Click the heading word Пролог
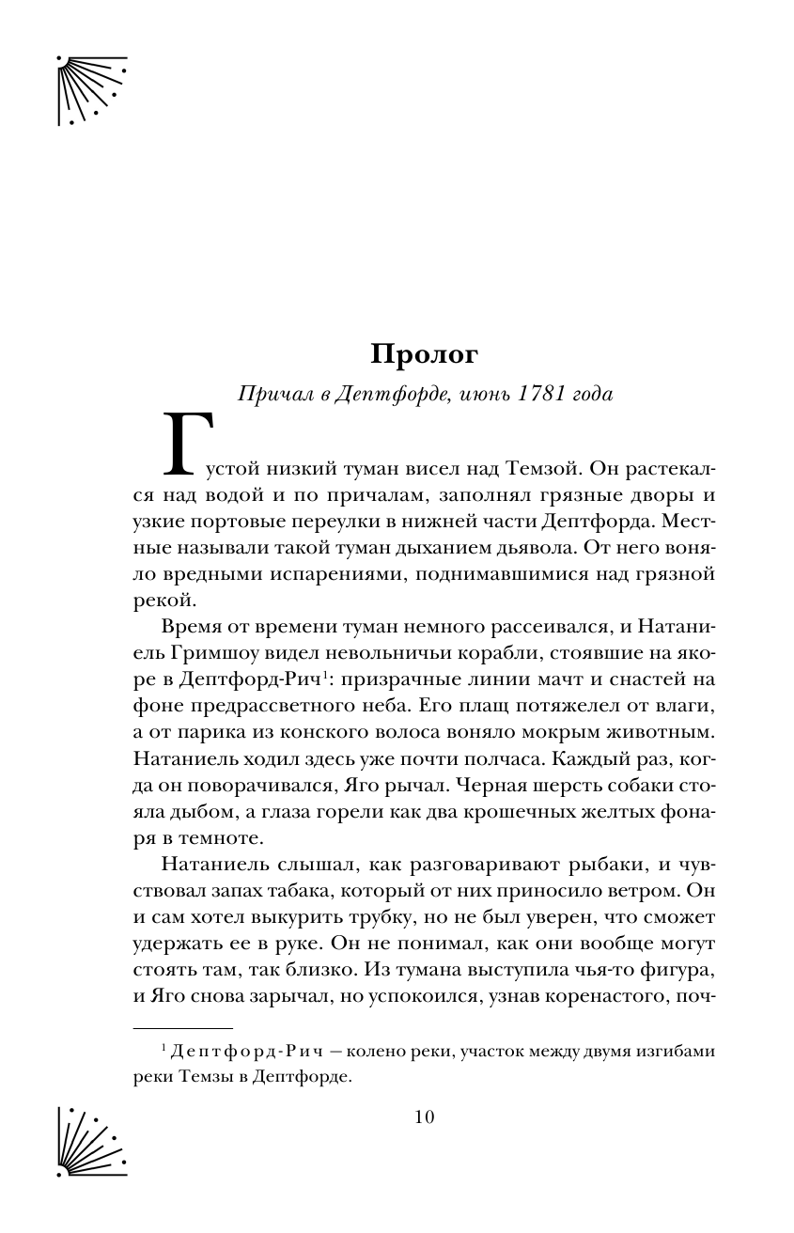click(425, 354)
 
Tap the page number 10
click(425, 1117)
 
